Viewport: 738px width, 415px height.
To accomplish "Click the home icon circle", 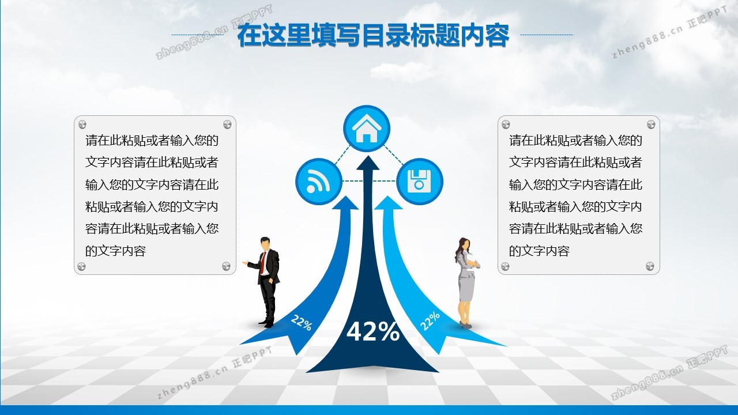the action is [x=366, y=129].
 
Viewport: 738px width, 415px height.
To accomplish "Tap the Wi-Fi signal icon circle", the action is [x=319, y=182].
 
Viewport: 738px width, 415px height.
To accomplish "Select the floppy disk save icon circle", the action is [x=419, y=182].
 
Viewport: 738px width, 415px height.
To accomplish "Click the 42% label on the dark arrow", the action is [x=373, y=331].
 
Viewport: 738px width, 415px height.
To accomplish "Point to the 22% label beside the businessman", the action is [x=301, y=322].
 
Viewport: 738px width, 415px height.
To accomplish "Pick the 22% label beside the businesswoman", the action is [x=430, y=321].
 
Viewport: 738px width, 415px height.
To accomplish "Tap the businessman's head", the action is [x=265, y=244].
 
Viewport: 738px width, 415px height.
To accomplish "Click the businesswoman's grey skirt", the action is [x=466, y=289].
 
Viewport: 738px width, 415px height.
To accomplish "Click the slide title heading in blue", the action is [x=373, y=35].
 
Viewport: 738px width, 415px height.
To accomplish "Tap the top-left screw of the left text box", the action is [x=82, y=124].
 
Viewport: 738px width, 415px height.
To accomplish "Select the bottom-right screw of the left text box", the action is [x=227, y=266].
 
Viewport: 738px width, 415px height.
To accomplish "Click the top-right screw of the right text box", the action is [x=651, y=124].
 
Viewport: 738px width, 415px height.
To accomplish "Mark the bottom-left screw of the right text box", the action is [x=506, y=266].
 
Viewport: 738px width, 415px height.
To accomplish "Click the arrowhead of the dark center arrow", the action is [x=368, y=163].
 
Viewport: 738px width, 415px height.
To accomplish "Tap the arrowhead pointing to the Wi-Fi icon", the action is [x=345, y=203].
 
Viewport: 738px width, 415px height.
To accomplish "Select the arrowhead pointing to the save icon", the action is [x=388, y=203].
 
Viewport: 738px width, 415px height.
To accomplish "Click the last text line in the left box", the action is [x=115, y=251].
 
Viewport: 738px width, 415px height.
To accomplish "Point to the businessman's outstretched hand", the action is [x=245, y=262].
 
